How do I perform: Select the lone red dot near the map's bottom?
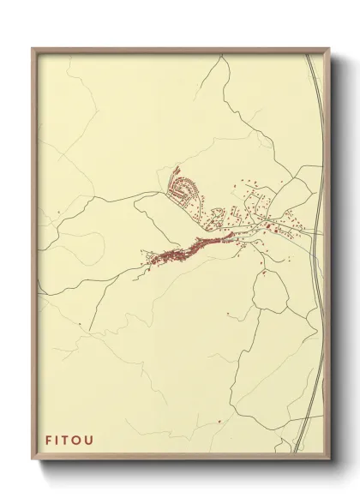(220, 421)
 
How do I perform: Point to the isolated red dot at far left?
(79, 325)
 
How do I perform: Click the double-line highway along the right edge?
(315, 171)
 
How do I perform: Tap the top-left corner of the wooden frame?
(33, 48)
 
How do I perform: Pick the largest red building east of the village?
(267, 226)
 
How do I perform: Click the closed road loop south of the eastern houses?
(272, 294)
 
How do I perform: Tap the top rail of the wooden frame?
(180, 50)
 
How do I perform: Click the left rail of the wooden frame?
(34, 257)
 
